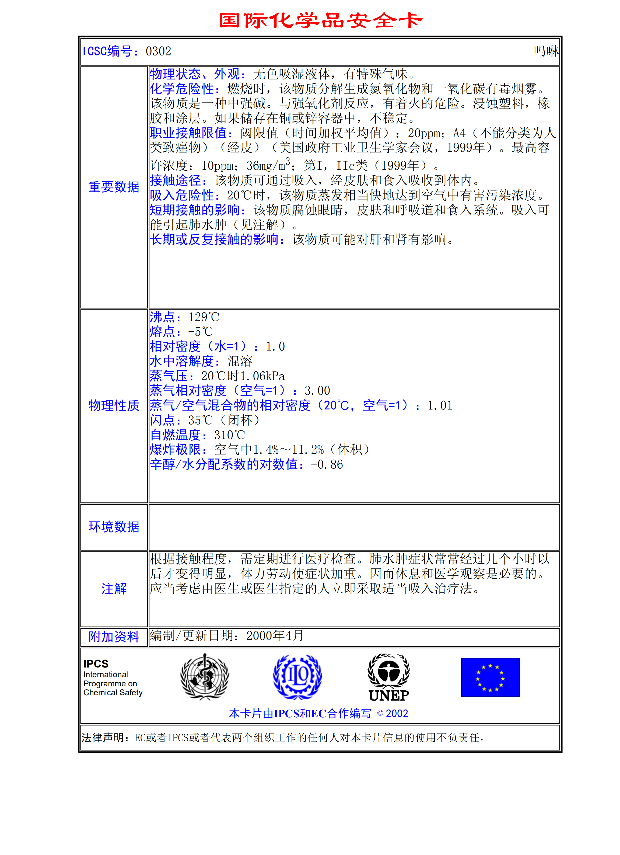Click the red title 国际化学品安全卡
(x=321, y=20)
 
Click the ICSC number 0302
(x=158, y=51)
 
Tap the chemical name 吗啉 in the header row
(x=546, y=51)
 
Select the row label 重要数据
(x=114, y=187)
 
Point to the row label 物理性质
(x=114, y=406)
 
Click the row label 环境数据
(x=114, y=527)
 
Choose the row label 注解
(x=114, y=589)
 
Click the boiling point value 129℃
(x=204, y=317)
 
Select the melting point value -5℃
(x=200, y=332)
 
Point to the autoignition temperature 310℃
(x=229, y=435)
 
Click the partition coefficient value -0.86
(x=327, y=464)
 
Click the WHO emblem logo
(x=205, y=677)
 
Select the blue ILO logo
(x=297, y=677)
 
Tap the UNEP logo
(x=389, y=678)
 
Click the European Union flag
(x=490, y=677)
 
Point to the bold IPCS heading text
(x=96, y=663)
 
